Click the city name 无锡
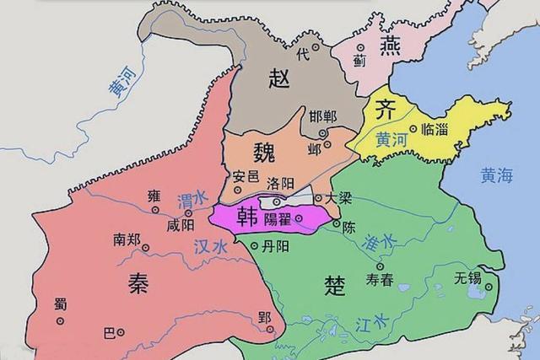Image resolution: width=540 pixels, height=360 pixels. [467, 277]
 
